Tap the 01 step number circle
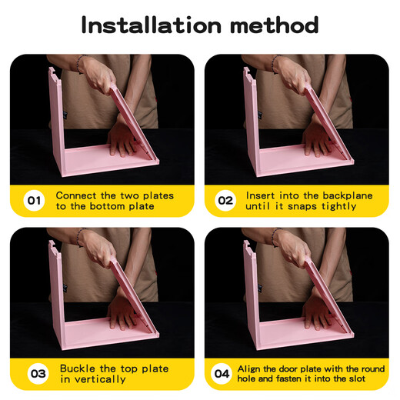tap(34, 201)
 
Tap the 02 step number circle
tap(225, 201)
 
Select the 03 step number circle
tap(38, 374)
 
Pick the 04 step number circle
tap(222, 374)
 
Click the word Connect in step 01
tap(77, 195)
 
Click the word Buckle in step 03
tap(78, 368)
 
